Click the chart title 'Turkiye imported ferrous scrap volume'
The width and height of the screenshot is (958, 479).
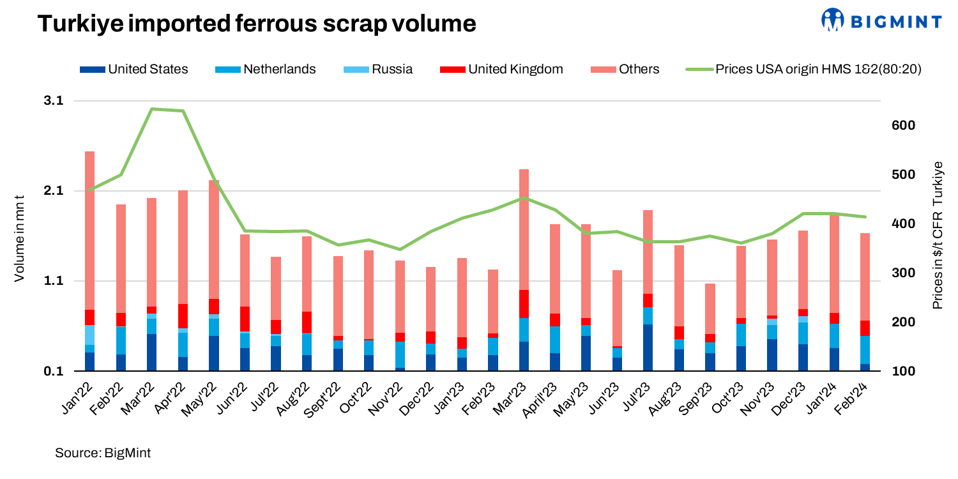click(257, 24)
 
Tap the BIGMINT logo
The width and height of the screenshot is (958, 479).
click(881, 20)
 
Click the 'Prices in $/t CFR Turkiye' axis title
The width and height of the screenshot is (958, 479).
click(938, 236)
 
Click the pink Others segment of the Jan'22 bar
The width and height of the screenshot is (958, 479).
click(89, 230)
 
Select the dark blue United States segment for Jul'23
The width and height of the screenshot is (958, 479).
click(648, 347)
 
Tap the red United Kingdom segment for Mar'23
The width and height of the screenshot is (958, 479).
click(524, 303)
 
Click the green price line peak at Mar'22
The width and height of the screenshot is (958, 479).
click(152, 109)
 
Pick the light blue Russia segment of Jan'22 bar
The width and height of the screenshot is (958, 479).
click(89, 335)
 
